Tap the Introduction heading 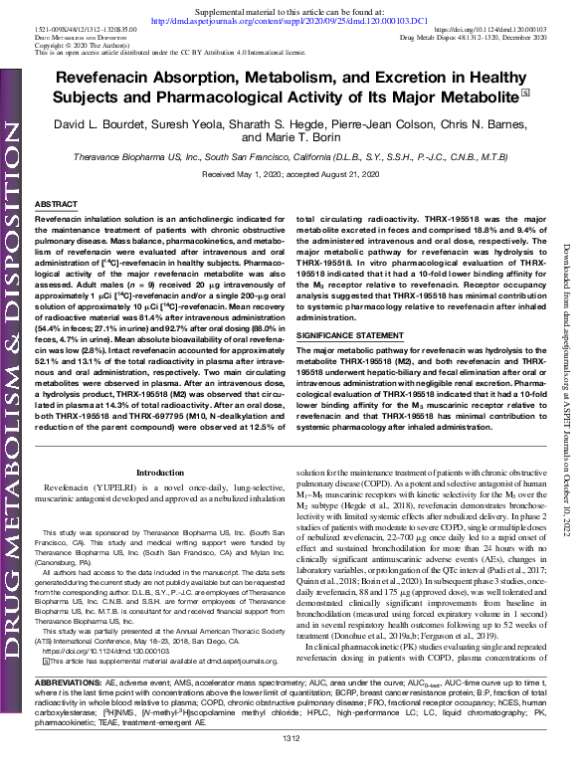[x=159, y=473]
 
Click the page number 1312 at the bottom [x=291, y=765]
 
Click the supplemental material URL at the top [x=291, y=19]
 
